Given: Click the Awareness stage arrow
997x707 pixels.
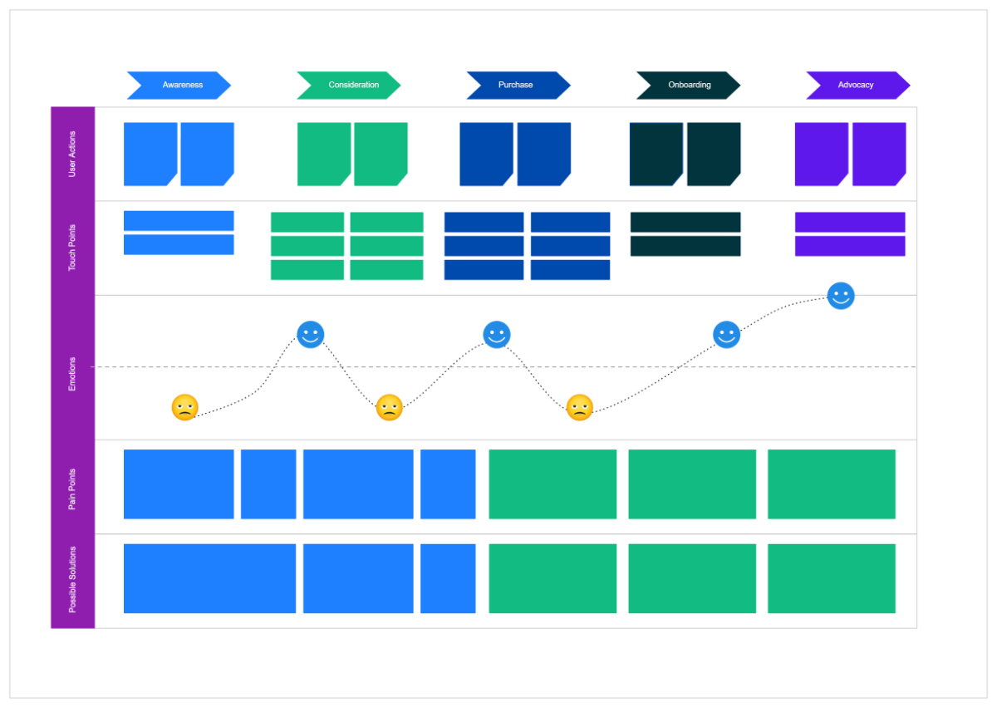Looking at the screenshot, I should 179,86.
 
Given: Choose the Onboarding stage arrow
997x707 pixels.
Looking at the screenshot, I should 688,86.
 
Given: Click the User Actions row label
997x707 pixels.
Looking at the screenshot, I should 72,155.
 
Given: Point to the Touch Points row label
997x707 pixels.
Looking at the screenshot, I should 72,248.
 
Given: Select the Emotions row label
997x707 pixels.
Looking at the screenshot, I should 72,374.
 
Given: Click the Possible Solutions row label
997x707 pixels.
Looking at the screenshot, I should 72,580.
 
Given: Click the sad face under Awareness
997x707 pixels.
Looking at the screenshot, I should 184,407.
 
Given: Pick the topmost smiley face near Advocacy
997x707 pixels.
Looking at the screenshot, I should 841,296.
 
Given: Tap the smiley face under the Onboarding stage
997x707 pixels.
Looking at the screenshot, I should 727,335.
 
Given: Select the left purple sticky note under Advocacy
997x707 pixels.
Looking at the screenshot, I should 822,155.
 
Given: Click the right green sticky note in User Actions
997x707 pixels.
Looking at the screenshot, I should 381,155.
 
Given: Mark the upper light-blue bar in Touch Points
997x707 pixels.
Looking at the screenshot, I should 179,221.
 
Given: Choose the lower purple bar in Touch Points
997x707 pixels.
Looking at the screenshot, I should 850,246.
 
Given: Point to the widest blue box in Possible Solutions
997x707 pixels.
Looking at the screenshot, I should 209,578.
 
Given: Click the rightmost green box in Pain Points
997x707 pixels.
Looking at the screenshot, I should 832,484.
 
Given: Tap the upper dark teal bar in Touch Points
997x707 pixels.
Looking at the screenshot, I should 685,222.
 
